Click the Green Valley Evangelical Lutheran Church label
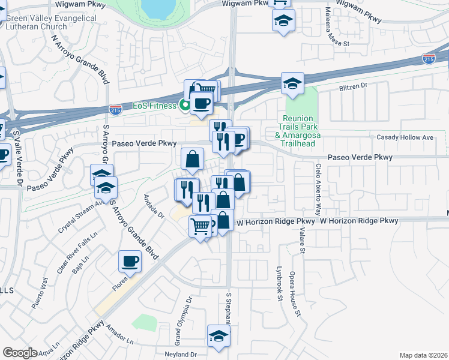pyautogui.click(x=50, y=22)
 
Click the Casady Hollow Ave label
pyautogui.click(x=405, y=138)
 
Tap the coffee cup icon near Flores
pyautogui.click(x=130, y=261)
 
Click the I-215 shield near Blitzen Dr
pyautogui.click(x=429, y=59)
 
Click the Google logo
pyautogui.click(x=20, y=353)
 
